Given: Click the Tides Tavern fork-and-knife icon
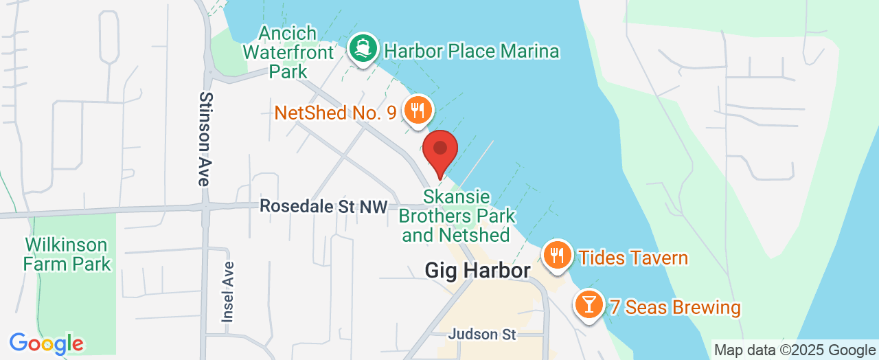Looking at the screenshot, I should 557,256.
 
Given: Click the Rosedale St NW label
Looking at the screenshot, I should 323,206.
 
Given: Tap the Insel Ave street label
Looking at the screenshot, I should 228,291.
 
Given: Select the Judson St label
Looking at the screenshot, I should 481,335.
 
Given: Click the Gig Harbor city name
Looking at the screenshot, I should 477,270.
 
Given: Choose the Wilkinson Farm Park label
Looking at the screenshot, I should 67,254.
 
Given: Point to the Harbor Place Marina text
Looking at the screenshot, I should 472,51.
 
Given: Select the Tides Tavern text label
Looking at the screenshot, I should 633,258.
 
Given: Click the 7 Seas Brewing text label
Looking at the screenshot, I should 675,307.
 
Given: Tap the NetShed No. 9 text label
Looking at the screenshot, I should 335,113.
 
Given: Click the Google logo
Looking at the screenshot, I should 46,344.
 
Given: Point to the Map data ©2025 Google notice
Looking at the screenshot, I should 795,350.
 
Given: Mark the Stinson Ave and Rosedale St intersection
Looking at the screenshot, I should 205,205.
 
